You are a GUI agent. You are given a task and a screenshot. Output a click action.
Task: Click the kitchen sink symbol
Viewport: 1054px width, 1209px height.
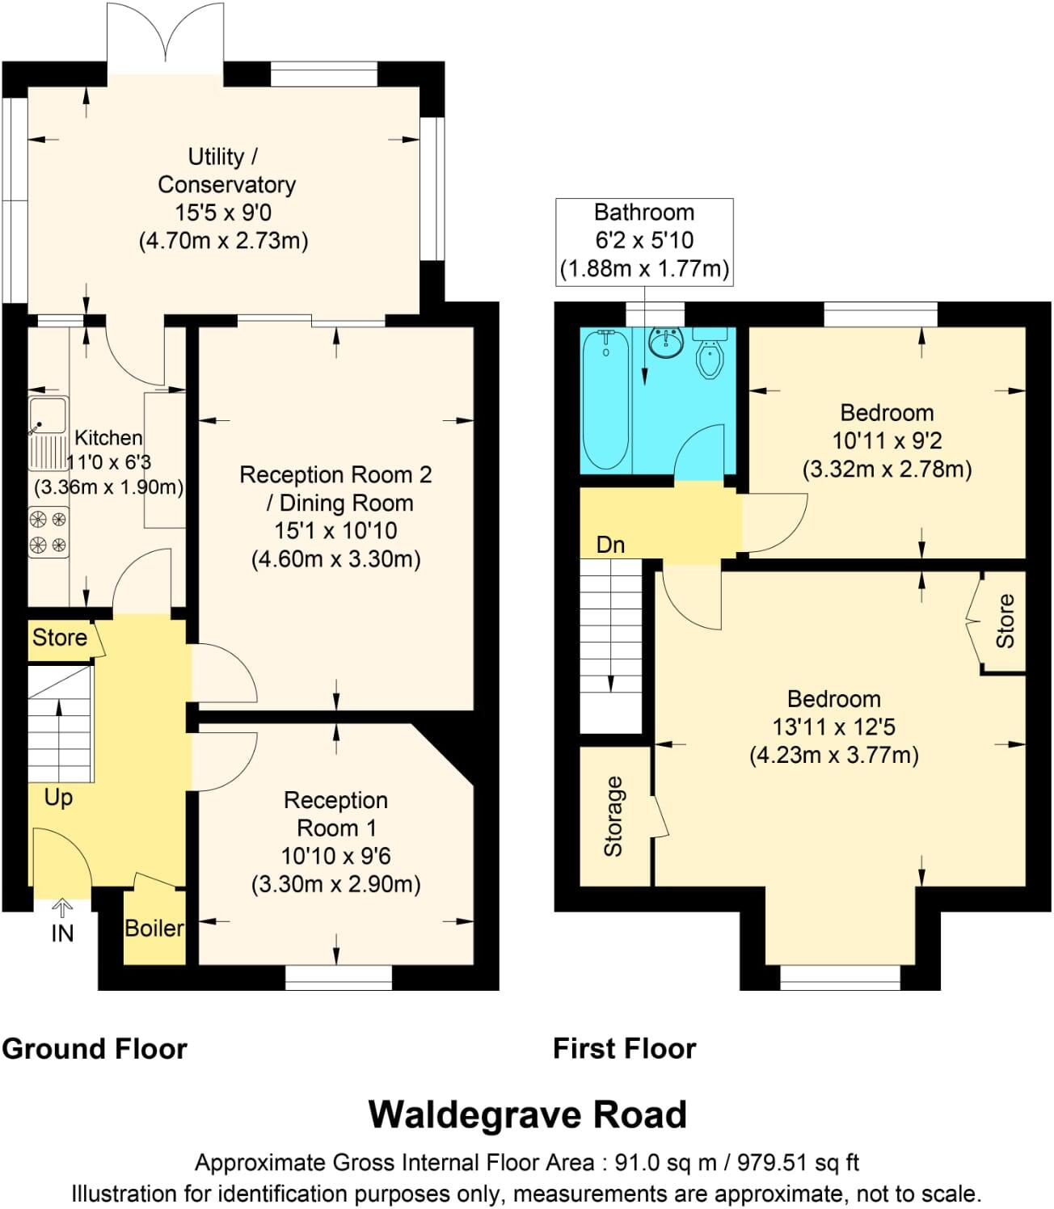coord(48,434)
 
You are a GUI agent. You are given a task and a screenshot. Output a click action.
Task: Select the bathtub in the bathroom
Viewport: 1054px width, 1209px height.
coord(605,399)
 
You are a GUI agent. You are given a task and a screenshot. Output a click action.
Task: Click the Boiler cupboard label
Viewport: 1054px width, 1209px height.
coord(154,928)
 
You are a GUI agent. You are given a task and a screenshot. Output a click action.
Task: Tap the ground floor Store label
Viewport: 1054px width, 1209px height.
coord(60,638)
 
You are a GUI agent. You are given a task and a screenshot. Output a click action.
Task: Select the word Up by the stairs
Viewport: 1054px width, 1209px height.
coord(58,797)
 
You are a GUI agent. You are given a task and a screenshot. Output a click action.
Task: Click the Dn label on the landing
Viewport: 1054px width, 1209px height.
coord(610,545)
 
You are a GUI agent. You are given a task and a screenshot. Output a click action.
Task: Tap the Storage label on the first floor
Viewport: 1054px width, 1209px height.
coord(614,815)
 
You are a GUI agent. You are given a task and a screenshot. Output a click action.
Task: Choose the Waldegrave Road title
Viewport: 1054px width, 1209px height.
coord(527,1114)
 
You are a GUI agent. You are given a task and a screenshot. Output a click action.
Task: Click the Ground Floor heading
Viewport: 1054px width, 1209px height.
coord(95,1049)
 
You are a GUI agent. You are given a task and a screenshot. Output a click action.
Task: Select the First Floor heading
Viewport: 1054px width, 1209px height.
coord(624,1049)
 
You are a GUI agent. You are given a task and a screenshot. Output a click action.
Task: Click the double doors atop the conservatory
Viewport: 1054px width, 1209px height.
coord(166,36)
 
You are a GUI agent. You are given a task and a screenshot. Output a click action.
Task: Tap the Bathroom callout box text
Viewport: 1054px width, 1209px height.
coord(644,240)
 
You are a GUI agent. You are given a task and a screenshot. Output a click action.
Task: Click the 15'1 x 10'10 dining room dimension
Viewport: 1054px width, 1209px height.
coord(335,531)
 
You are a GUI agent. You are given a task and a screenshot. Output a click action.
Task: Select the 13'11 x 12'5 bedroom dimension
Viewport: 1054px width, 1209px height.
coord(833,727)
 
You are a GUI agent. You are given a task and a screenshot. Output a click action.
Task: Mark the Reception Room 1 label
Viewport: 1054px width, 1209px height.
coord(335,814)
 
